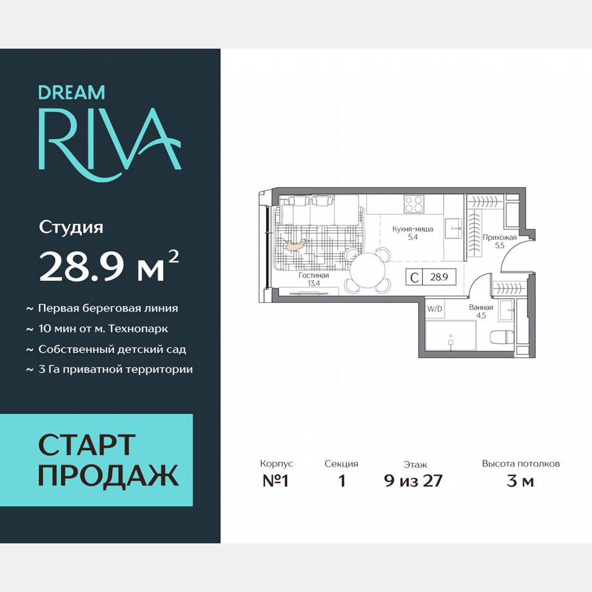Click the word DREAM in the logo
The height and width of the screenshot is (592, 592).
[x=71, y=92]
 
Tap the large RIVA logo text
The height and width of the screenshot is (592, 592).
[x=109, y=139]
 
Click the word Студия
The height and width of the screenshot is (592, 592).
[x=71, y=227]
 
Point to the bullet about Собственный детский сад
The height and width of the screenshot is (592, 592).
[x=112, y=349]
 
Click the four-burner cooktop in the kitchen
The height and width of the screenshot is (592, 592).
[x=414, y=203]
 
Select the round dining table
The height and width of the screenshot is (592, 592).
[x=368, y=269]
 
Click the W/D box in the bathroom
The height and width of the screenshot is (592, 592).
[x=434, y=308]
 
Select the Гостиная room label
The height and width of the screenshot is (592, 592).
[x=314, y=275]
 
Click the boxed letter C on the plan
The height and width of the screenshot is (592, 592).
[x=415, y=277]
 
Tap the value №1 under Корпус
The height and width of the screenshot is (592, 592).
[x=276, y=480]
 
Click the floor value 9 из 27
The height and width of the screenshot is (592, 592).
[x=413, y=480]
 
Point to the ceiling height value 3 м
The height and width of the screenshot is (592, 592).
[x=520, y=480]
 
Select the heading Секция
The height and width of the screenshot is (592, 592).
[x=341, y=464]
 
